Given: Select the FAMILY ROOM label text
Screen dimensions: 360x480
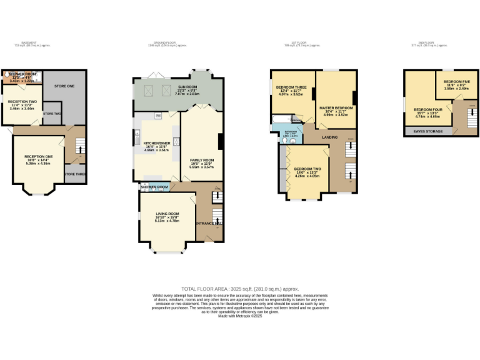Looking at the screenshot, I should point(202,160).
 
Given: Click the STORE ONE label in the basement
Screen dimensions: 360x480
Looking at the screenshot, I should point(64,85).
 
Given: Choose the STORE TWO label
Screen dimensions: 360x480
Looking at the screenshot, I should point(52,113).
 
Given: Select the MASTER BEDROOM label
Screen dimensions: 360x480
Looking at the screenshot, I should point(336,108).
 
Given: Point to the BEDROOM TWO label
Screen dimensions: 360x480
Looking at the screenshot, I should point(307,169).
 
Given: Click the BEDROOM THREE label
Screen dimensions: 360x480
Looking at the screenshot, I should point(289,87).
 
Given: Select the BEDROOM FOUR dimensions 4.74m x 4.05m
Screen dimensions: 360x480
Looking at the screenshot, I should point(427,116).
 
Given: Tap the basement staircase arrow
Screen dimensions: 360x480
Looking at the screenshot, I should point(79,147).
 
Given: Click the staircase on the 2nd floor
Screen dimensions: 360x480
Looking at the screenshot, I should point(463,119).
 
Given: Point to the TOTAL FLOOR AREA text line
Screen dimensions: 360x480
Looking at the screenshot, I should point(239,289).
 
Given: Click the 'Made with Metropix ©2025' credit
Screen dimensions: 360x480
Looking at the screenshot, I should point(239,316).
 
